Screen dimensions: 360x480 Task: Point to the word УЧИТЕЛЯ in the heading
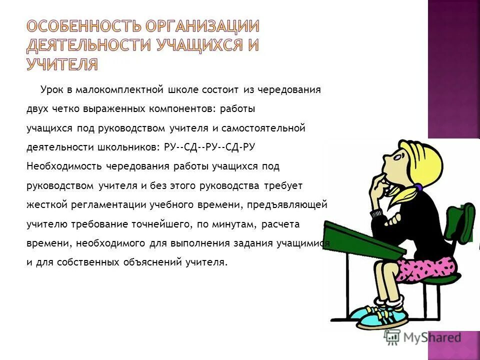pos(62,64)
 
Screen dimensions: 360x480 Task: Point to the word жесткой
pos(42,204)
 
